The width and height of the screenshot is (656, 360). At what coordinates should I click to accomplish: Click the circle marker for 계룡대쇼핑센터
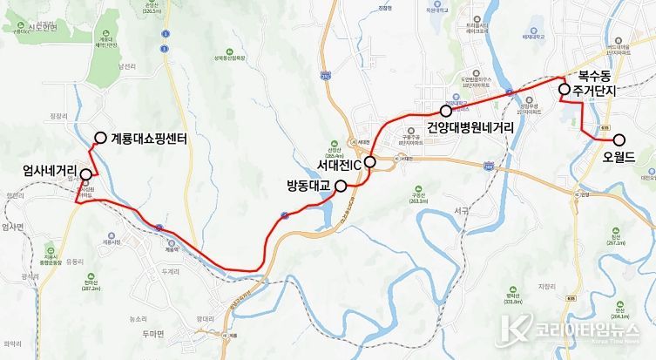tap(100, 137)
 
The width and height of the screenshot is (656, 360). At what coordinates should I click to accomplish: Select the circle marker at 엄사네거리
tap(85, 174)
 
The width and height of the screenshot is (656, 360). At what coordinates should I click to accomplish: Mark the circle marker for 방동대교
tap(340, 185)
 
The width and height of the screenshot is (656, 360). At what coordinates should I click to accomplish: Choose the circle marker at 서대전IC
tap(369, 161)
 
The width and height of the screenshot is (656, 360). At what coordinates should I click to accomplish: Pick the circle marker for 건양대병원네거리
tap(446, 111)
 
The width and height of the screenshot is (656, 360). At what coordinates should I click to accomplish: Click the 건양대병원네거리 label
tap(470, 127)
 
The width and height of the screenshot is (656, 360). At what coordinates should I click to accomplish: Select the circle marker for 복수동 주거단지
tap(564, 89)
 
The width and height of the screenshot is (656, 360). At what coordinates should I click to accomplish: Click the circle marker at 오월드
tap(619, 139)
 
